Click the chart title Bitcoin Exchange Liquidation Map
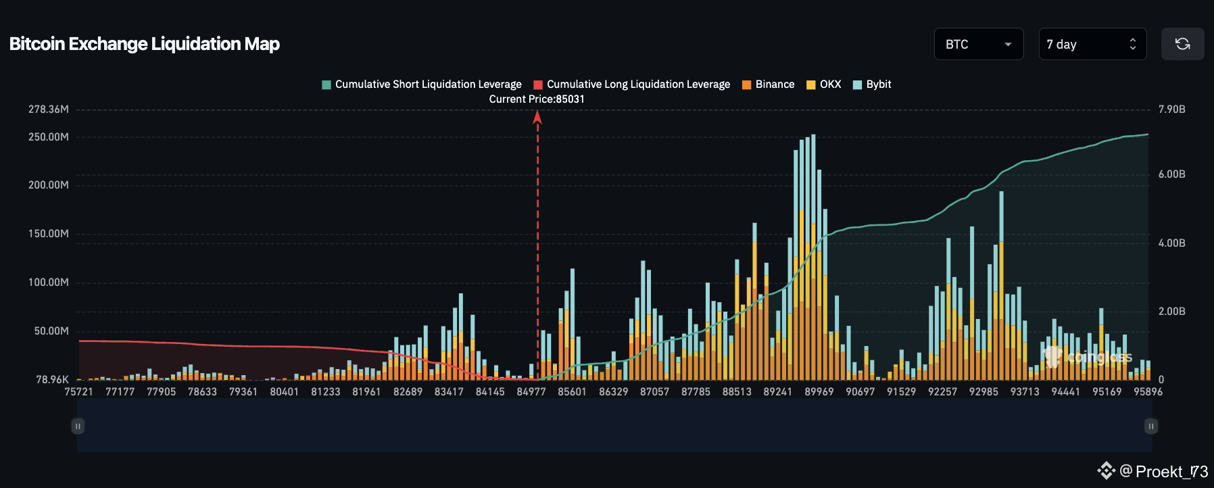(x=145, y=44)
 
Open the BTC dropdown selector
(x=978, y=44)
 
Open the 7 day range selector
(x=1092, y=44)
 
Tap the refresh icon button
(x=1182, y=44)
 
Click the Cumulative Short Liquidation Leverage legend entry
(x=422, y=84)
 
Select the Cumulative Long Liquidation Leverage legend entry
(x=632, y=84)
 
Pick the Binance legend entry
(x=769, y=84)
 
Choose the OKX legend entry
(x=824, y=84)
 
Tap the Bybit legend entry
(x=873, y=84)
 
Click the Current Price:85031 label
(x=537, y=99)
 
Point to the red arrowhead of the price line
(x=537, y=118)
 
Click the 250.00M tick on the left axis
(x=49, y=137)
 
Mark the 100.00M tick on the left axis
(x=49, y=283)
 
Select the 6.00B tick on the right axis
(x=1171, y=174)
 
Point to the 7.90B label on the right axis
(x=1171, y=109)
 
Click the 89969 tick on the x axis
(x=819, y=392)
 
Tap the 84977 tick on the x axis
(x=531, y=392)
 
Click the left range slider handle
(x=78, y=426)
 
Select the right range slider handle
(x=1150, y=426)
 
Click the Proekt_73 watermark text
(x=1171, y=471)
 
